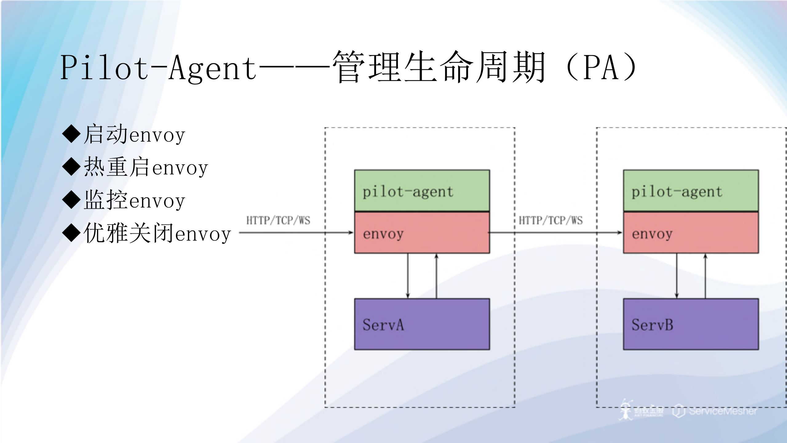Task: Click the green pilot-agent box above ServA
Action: coord(422,191)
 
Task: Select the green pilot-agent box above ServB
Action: coord(691,191)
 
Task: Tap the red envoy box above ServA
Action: coord(422,233)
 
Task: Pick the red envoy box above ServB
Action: coord(691,233)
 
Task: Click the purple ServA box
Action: coord(422,324)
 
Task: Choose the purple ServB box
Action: coord(691,324)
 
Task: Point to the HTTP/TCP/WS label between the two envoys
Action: coord(551,220)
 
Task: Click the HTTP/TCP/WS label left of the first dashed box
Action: coord(278,220)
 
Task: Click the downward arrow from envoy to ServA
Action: coord(408,276)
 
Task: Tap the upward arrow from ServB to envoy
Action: coord(705,276)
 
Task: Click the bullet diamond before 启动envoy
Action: coord(71,134)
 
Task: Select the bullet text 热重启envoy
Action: coord(146,167)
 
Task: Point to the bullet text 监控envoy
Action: coord(134,200)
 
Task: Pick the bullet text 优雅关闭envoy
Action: coord(157,233)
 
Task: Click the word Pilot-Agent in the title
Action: coord(158,68)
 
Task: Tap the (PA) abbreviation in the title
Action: coord(600,68)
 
